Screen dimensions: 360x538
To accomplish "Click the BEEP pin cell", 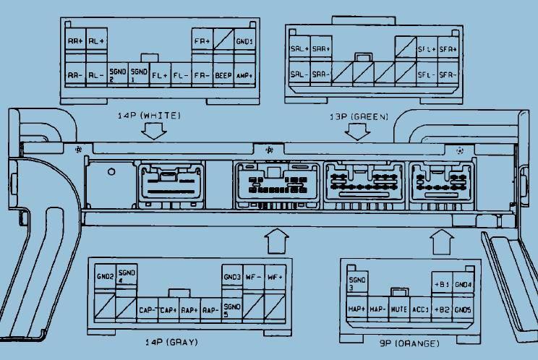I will [x=223, y=74].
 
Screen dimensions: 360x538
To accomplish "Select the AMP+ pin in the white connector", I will [x=244, y=74].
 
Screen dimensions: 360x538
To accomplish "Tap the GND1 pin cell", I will [x=244, y=41].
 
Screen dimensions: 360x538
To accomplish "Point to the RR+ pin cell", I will [x=74, y=41].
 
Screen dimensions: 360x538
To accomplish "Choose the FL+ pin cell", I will [x=160, y=74].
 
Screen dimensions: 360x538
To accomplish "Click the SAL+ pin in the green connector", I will [x=299, y=49].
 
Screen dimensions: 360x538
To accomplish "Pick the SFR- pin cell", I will [x=448, y=74].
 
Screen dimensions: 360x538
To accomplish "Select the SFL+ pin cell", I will [x=427, y=49].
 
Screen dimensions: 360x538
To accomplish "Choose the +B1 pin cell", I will [x=441, y=284].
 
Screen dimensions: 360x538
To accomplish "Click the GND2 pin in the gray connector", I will [x=105, y=276].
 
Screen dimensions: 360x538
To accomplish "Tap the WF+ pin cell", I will [x=274, y=276].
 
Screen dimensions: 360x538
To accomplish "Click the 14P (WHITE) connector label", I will [x=149, y=116].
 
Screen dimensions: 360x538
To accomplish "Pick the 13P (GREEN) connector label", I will [x=354, y=116].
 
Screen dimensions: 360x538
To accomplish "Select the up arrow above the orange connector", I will [x=440, y=241].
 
